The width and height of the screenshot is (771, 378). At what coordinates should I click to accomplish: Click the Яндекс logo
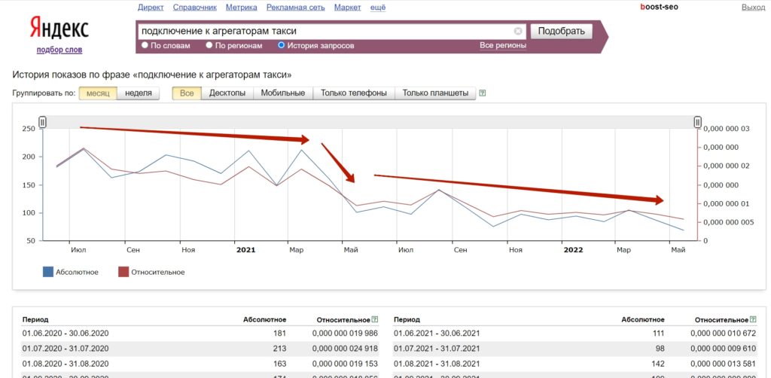tap(59, 28)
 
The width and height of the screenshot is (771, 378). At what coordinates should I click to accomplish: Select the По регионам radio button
tap(209, 45)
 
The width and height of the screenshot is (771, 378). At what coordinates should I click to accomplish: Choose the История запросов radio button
tap(282, 45)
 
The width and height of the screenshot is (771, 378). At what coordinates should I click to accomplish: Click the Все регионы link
tap(503, 46)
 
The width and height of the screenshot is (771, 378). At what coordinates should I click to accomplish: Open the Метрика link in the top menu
tap(242, 8)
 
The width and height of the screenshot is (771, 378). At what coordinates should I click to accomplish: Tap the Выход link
tap(753, 8)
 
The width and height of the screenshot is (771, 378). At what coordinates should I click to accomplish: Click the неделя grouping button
tap(139, 93)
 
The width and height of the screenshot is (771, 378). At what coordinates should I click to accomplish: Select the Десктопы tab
tap(227, 93)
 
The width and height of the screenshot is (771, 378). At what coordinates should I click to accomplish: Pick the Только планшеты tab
tap(435, 93)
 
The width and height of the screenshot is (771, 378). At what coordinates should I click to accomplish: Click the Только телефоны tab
tap(354, 93)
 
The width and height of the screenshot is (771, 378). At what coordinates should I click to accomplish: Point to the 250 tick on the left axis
tap(29, 129)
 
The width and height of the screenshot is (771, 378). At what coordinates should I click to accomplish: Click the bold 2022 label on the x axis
tap(573, 250)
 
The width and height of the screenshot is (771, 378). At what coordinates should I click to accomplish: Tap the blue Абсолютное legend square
tap(47, 272)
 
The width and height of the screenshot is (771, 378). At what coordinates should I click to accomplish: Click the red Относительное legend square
tap(123, 272)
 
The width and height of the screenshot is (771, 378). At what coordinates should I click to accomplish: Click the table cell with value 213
tap(279, 349)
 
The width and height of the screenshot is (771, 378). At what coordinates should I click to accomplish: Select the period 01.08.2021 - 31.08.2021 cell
tap(437, 364)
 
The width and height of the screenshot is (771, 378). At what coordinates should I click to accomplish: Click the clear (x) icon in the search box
tap(518, 31)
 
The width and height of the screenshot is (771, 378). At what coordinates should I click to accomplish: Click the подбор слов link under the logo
tap(59, 50)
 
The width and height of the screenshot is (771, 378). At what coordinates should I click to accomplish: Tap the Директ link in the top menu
tap(151, 8)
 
